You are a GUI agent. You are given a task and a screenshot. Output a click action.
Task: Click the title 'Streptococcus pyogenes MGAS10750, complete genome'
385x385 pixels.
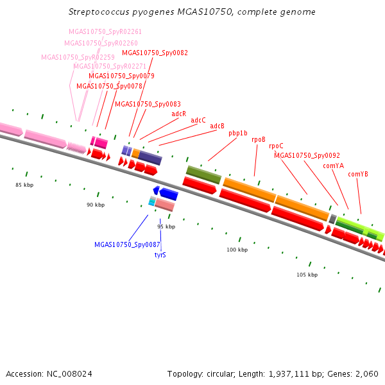click(x=192, y=12)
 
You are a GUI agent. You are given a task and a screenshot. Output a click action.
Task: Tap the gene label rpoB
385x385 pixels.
click(x=259, y=139)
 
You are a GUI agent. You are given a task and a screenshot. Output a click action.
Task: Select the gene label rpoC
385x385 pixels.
click(x=276, y=146)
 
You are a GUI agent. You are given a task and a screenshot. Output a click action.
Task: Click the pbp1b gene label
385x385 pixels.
click(x=238, y=133)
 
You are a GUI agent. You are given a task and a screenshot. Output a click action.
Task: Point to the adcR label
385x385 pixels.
click(x=179, y=114)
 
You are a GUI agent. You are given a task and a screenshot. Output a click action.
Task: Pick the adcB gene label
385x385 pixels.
click(x=218, y=126)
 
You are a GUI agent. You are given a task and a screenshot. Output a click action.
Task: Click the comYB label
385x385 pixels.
click(x=358, y=174)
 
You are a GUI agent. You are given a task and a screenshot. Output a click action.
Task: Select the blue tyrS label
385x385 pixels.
click(x=160, y=255)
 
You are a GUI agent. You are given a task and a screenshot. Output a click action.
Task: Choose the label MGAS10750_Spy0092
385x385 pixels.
click(x=307, y=155)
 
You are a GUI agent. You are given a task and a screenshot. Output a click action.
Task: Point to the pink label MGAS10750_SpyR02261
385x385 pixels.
click(x=105, y=31)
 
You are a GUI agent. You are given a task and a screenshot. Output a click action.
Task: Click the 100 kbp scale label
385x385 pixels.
click(x=237, y=250)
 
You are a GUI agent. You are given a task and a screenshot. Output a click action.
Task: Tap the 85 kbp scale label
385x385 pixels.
click(x=24, y=185)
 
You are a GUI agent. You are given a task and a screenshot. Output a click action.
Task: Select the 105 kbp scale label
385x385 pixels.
click(x=307, y=275)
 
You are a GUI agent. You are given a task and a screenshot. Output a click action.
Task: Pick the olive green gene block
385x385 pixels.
click(x=203, y=174)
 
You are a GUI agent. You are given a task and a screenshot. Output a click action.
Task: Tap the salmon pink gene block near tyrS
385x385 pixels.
click(x=164, y=205)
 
